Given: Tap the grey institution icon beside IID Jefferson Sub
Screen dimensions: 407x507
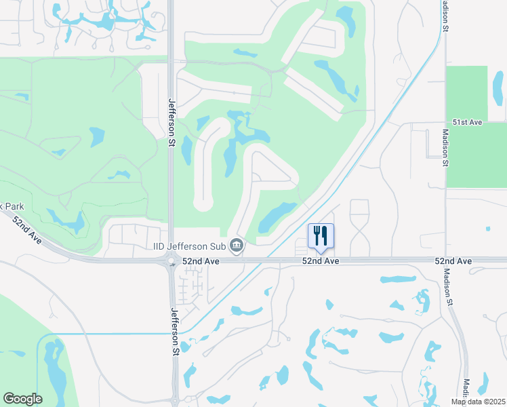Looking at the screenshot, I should tap(237, 245).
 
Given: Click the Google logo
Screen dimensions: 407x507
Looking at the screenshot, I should tap(22, 399).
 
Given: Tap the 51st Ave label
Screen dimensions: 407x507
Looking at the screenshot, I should tap(468, 122).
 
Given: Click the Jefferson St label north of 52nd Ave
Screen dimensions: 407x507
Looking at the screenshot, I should tap(171, 121).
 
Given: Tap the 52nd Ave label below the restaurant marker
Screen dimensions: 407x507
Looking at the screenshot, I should tap(321, 261).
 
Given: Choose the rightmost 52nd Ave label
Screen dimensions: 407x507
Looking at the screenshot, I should tap(453, 261).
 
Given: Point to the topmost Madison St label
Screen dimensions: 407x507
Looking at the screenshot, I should tap(445, 16).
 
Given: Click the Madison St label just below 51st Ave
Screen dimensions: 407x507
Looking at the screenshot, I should tap(445, 148).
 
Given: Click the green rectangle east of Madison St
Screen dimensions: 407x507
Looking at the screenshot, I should tap(476, 155).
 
